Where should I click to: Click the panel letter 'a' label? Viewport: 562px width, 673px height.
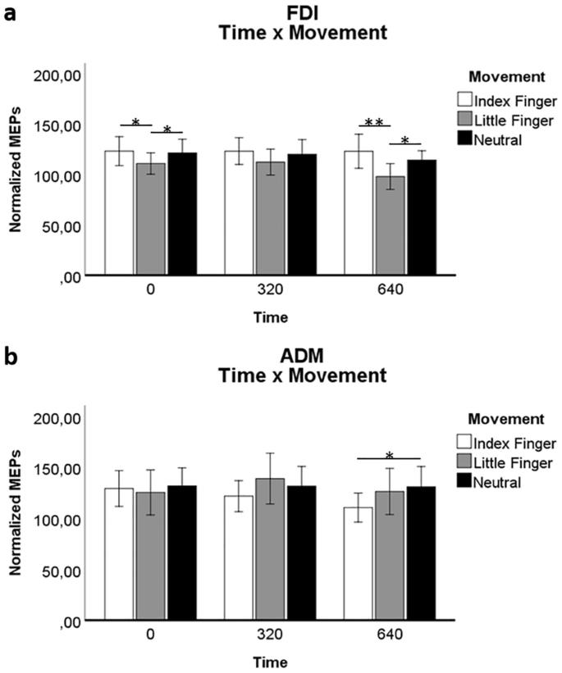coord(11,14)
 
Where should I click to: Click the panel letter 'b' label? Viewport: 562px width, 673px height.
coord(11,358)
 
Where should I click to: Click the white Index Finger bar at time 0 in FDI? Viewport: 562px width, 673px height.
coord(119,213)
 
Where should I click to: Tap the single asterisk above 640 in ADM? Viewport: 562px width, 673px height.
coord(390,456)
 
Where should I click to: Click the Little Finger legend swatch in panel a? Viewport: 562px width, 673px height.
coord(465,121)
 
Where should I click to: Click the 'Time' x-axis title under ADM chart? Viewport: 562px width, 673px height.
coord(270,659)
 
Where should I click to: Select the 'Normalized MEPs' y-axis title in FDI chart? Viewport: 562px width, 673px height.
coord(15,175)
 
